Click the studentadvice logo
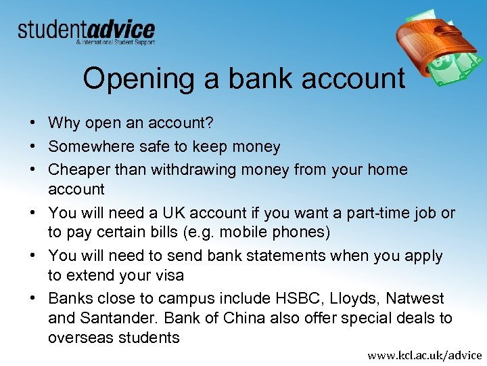(86, 31)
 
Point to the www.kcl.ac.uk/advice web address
(424, 354)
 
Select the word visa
(166, 276)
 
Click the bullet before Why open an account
(32, 123)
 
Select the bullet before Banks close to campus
(32, 299)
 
